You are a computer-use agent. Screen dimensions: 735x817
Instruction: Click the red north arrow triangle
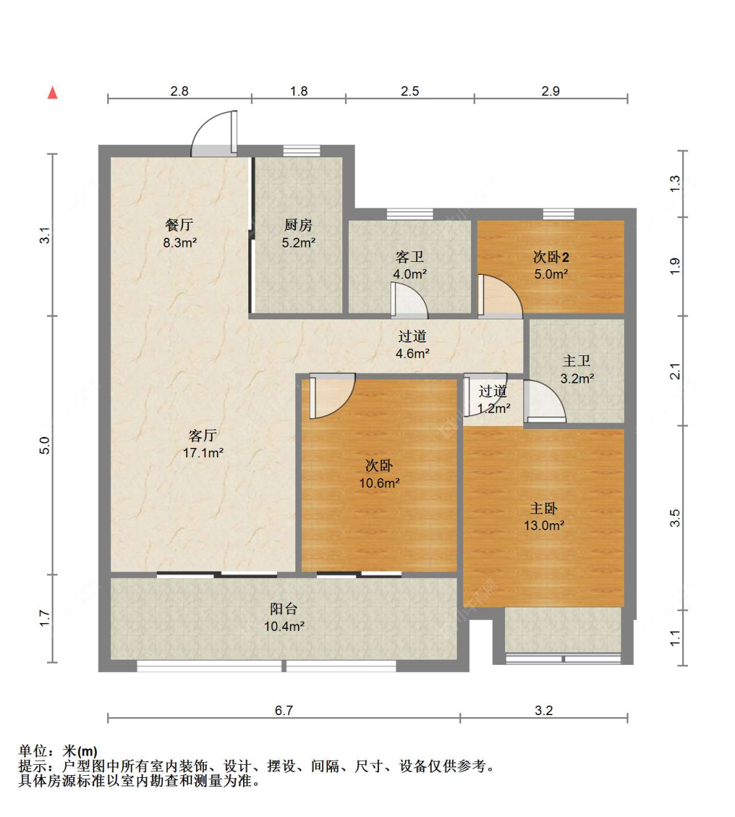52,93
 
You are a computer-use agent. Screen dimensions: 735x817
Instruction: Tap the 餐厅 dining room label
179,225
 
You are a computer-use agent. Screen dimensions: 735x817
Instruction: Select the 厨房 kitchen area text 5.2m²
299,243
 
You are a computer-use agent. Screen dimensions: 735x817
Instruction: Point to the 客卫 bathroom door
409,300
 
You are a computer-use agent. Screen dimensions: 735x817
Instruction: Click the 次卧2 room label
551,257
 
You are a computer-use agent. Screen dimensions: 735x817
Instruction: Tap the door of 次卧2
500,296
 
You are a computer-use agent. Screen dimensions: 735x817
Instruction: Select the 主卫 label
576,361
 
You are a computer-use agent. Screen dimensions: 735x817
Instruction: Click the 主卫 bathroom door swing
544,401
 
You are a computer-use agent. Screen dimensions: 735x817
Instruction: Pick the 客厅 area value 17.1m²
203,453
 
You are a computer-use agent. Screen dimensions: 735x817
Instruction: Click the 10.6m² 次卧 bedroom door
332,396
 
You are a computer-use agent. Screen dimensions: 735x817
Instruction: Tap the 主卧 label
544,508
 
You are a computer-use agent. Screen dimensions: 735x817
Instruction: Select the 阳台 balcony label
284,609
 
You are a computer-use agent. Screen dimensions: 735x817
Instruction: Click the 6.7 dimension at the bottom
284,711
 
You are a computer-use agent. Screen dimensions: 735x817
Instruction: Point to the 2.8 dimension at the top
179,91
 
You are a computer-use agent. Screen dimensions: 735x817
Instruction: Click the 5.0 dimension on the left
45,445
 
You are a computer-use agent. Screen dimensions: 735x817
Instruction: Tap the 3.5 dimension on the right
675,518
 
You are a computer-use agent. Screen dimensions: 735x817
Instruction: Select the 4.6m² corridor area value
412,353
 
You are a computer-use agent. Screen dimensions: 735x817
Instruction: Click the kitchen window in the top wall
301,151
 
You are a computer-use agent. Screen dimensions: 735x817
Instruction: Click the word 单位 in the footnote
33,750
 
